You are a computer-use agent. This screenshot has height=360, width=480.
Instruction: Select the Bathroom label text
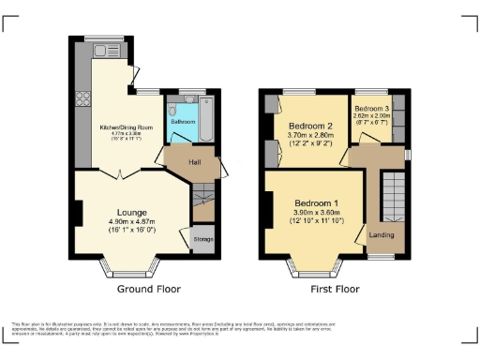coord(183,122)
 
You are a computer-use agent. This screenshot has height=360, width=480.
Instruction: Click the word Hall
coord(195,162)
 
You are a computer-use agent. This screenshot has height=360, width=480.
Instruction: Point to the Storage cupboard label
coord(202,239)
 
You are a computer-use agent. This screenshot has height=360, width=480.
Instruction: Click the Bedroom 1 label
coord(315,203)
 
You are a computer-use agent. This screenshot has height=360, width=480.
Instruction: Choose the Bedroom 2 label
coord(310,127)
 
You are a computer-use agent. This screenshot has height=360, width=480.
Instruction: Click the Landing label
coord(381,234)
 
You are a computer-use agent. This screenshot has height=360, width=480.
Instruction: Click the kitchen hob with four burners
coord(82,97)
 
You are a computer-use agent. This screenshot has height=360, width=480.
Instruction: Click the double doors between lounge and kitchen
coord(120,173)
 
